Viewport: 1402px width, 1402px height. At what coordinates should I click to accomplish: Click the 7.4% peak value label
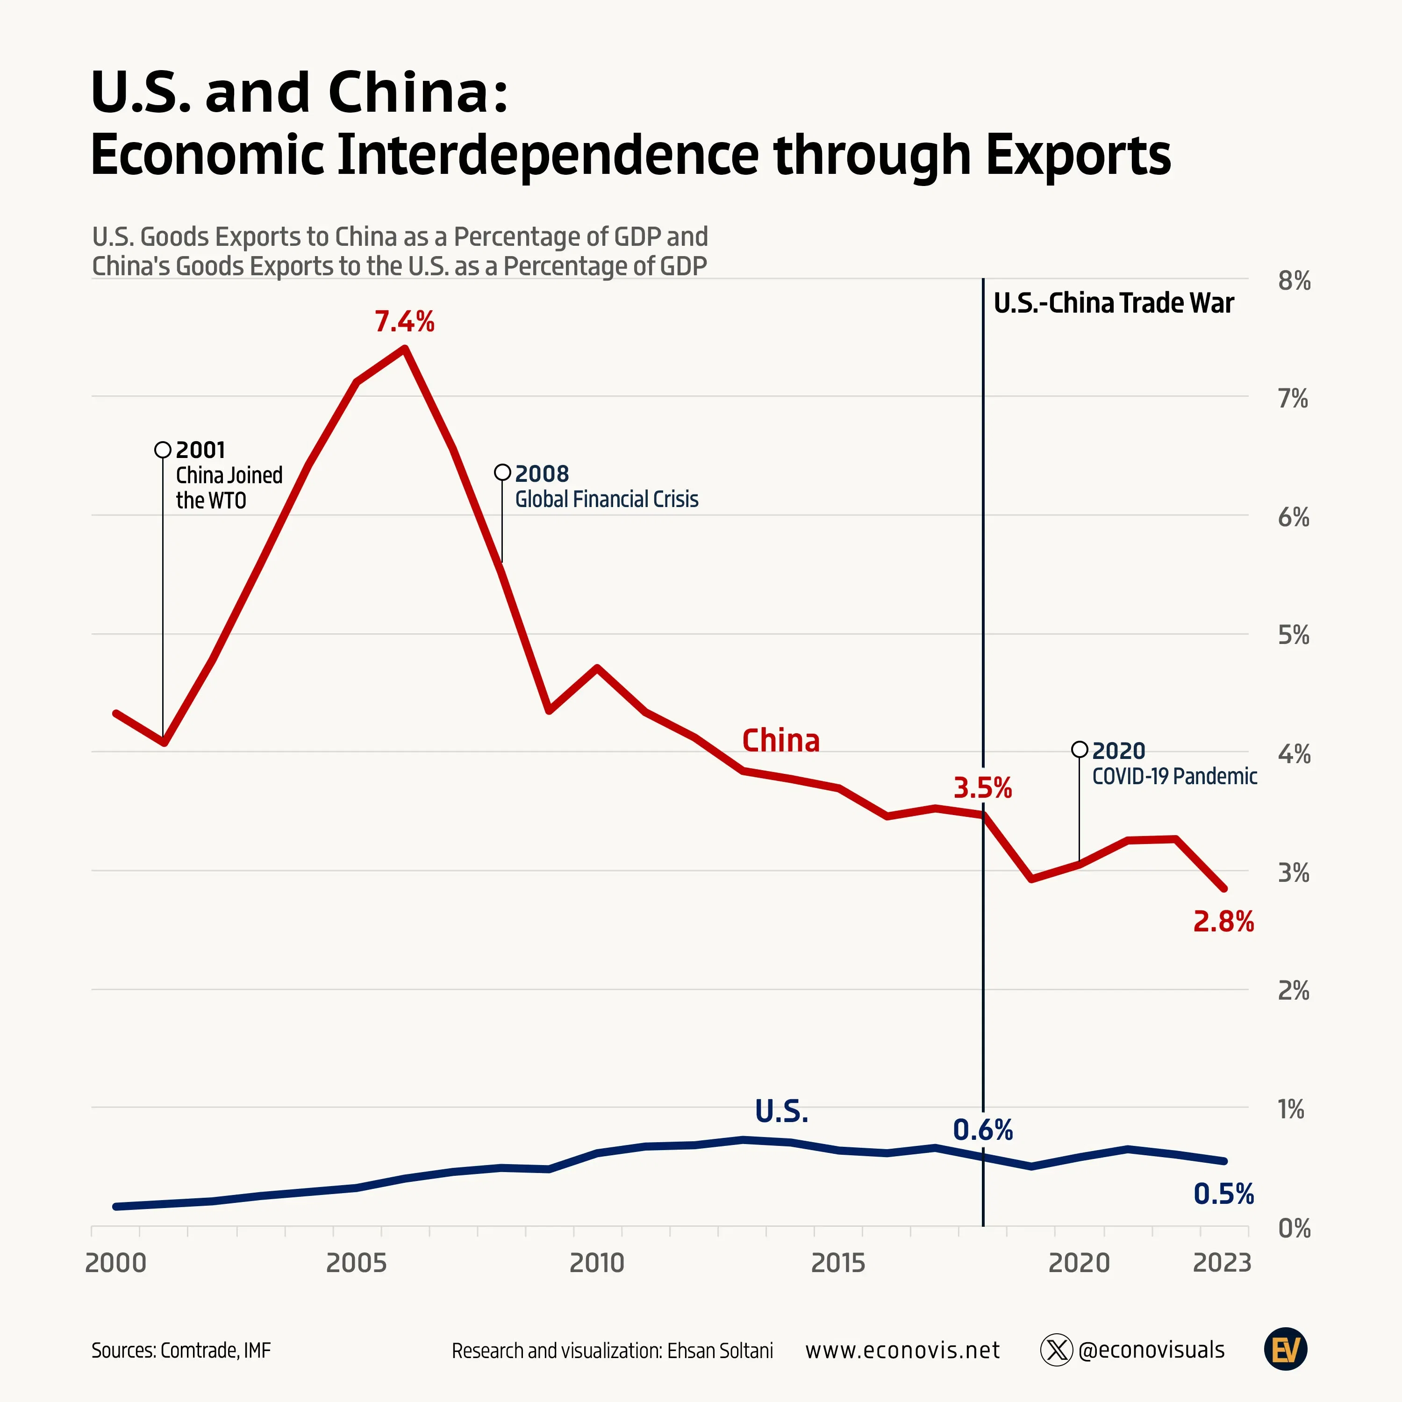coord(404,322)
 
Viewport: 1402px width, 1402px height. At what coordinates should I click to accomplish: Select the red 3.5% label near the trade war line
coord(982,788)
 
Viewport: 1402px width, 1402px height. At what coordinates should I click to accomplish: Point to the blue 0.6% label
coord(982,1130)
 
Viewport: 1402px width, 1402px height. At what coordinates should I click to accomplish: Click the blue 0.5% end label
coord(1223,1194)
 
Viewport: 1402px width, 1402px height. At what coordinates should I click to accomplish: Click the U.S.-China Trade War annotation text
coord(1113,303)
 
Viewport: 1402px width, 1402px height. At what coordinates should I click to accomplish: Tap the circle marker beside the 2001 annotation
coord(163,450)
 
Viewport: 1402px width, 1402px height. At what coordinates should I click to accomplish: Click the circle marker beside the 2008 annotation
coord(502,472)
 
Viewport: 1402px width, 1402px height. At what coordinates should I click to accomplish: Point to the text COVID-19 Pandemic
coord(1174,776)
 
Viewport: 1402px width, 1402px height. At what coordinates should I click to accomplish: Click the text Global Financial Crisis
coord(607,499)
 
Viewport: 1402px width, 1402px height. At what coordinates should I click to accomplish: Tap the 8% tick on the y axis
coord(1294,281)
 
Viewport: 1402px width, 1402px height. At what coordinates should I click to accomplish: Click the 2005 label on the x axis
coord(356,1263)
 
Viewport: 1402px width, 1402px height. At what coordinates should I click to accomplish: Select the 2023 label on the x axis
coord(1222,1263)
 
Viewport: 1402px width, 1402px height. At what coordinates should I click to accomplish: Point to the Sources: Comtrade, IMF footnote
coord(181,1351)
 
